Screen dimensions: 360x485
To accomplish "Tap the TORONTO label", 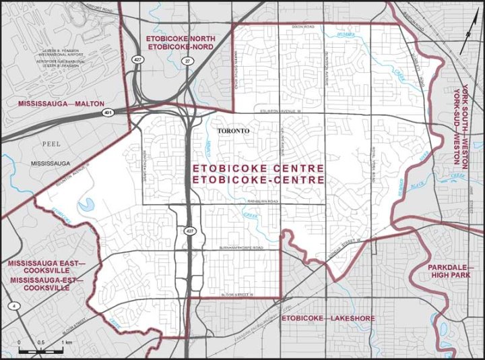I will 234,130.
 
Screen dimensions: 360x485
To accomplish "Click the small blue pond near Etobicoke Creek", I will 87,204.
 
